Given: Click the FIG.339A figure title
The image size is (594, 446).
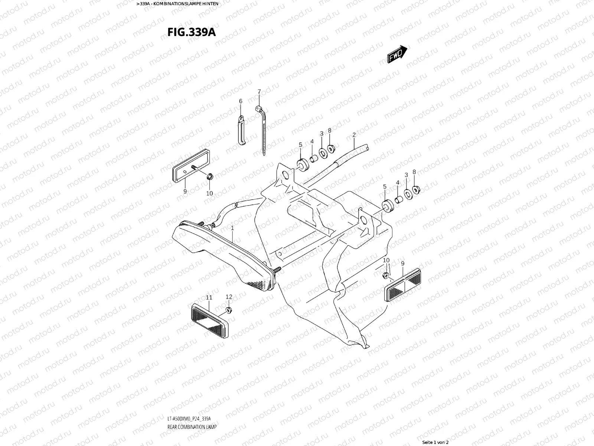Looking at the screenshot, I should [x=192, y=32].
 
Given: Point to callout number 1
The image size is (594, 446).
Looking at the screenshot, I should [x=232, y=227].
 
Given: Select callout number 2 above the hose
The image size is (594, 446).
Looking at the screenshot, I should [x=354, y=135].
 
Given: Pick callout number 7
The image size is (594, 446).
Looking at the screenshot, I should [x=259, y=91].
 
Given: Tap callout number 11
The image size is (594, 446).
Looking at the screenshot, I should [x=209, y=297].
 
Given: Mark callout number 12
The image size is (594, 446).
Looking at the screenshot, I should [x=229, y=297].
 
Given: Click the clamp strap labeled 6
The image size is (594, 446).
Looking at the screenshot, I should [x=242, y=130].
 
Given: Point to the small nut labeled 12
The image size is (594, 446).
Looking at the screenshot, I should [x=229, y=310].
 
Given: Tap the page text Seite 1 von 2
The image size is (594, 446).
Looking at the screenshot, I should [x=435, y=442].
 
